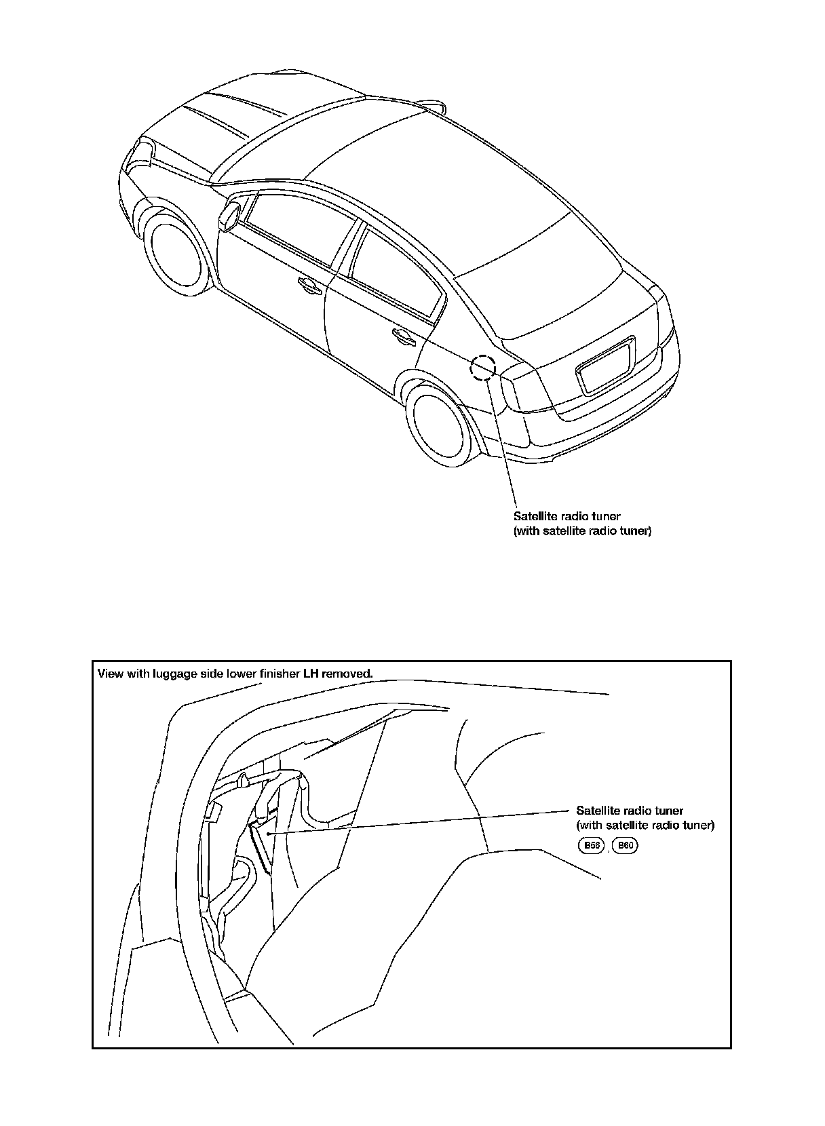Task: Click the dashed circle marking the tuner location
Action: (x=483, y=366)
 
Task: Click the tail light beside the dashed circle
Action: (x=522, y=390)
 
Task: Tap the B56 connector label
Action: (x=590, y=845)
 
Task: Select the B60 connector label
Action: (x=624, y=845)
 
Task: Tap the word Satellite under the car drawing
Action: (x=534, y=516)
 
